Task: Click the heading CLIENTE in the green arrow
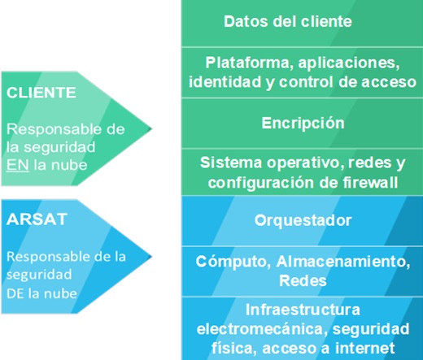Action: (41, 93)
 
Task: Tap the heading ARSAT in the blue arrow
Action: (37, 219)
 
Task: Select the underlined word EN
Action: (18, 165)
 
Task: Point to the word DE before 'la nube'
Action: (15, 293)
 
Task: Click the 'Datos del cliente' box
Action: (302, 24)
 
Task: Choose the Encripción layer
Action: (302, 124)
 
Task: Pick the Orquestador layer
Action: (302, 220)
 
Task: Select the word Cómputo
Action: (233, 262)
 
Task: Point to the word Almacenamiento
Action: (343, 262)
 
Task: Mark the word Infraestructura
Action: (303, 310)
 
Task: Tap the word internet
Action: (364, 348)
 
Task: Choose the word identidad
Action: (226, 82)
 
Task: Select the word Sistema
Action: (231, 163)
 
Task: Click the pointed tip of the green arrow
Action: (151, 128)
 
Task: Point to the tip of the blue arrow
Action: (151, 257)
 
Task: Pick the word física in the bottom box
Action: (233, 349)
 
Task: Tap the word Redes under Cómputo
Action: (303, 280)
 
